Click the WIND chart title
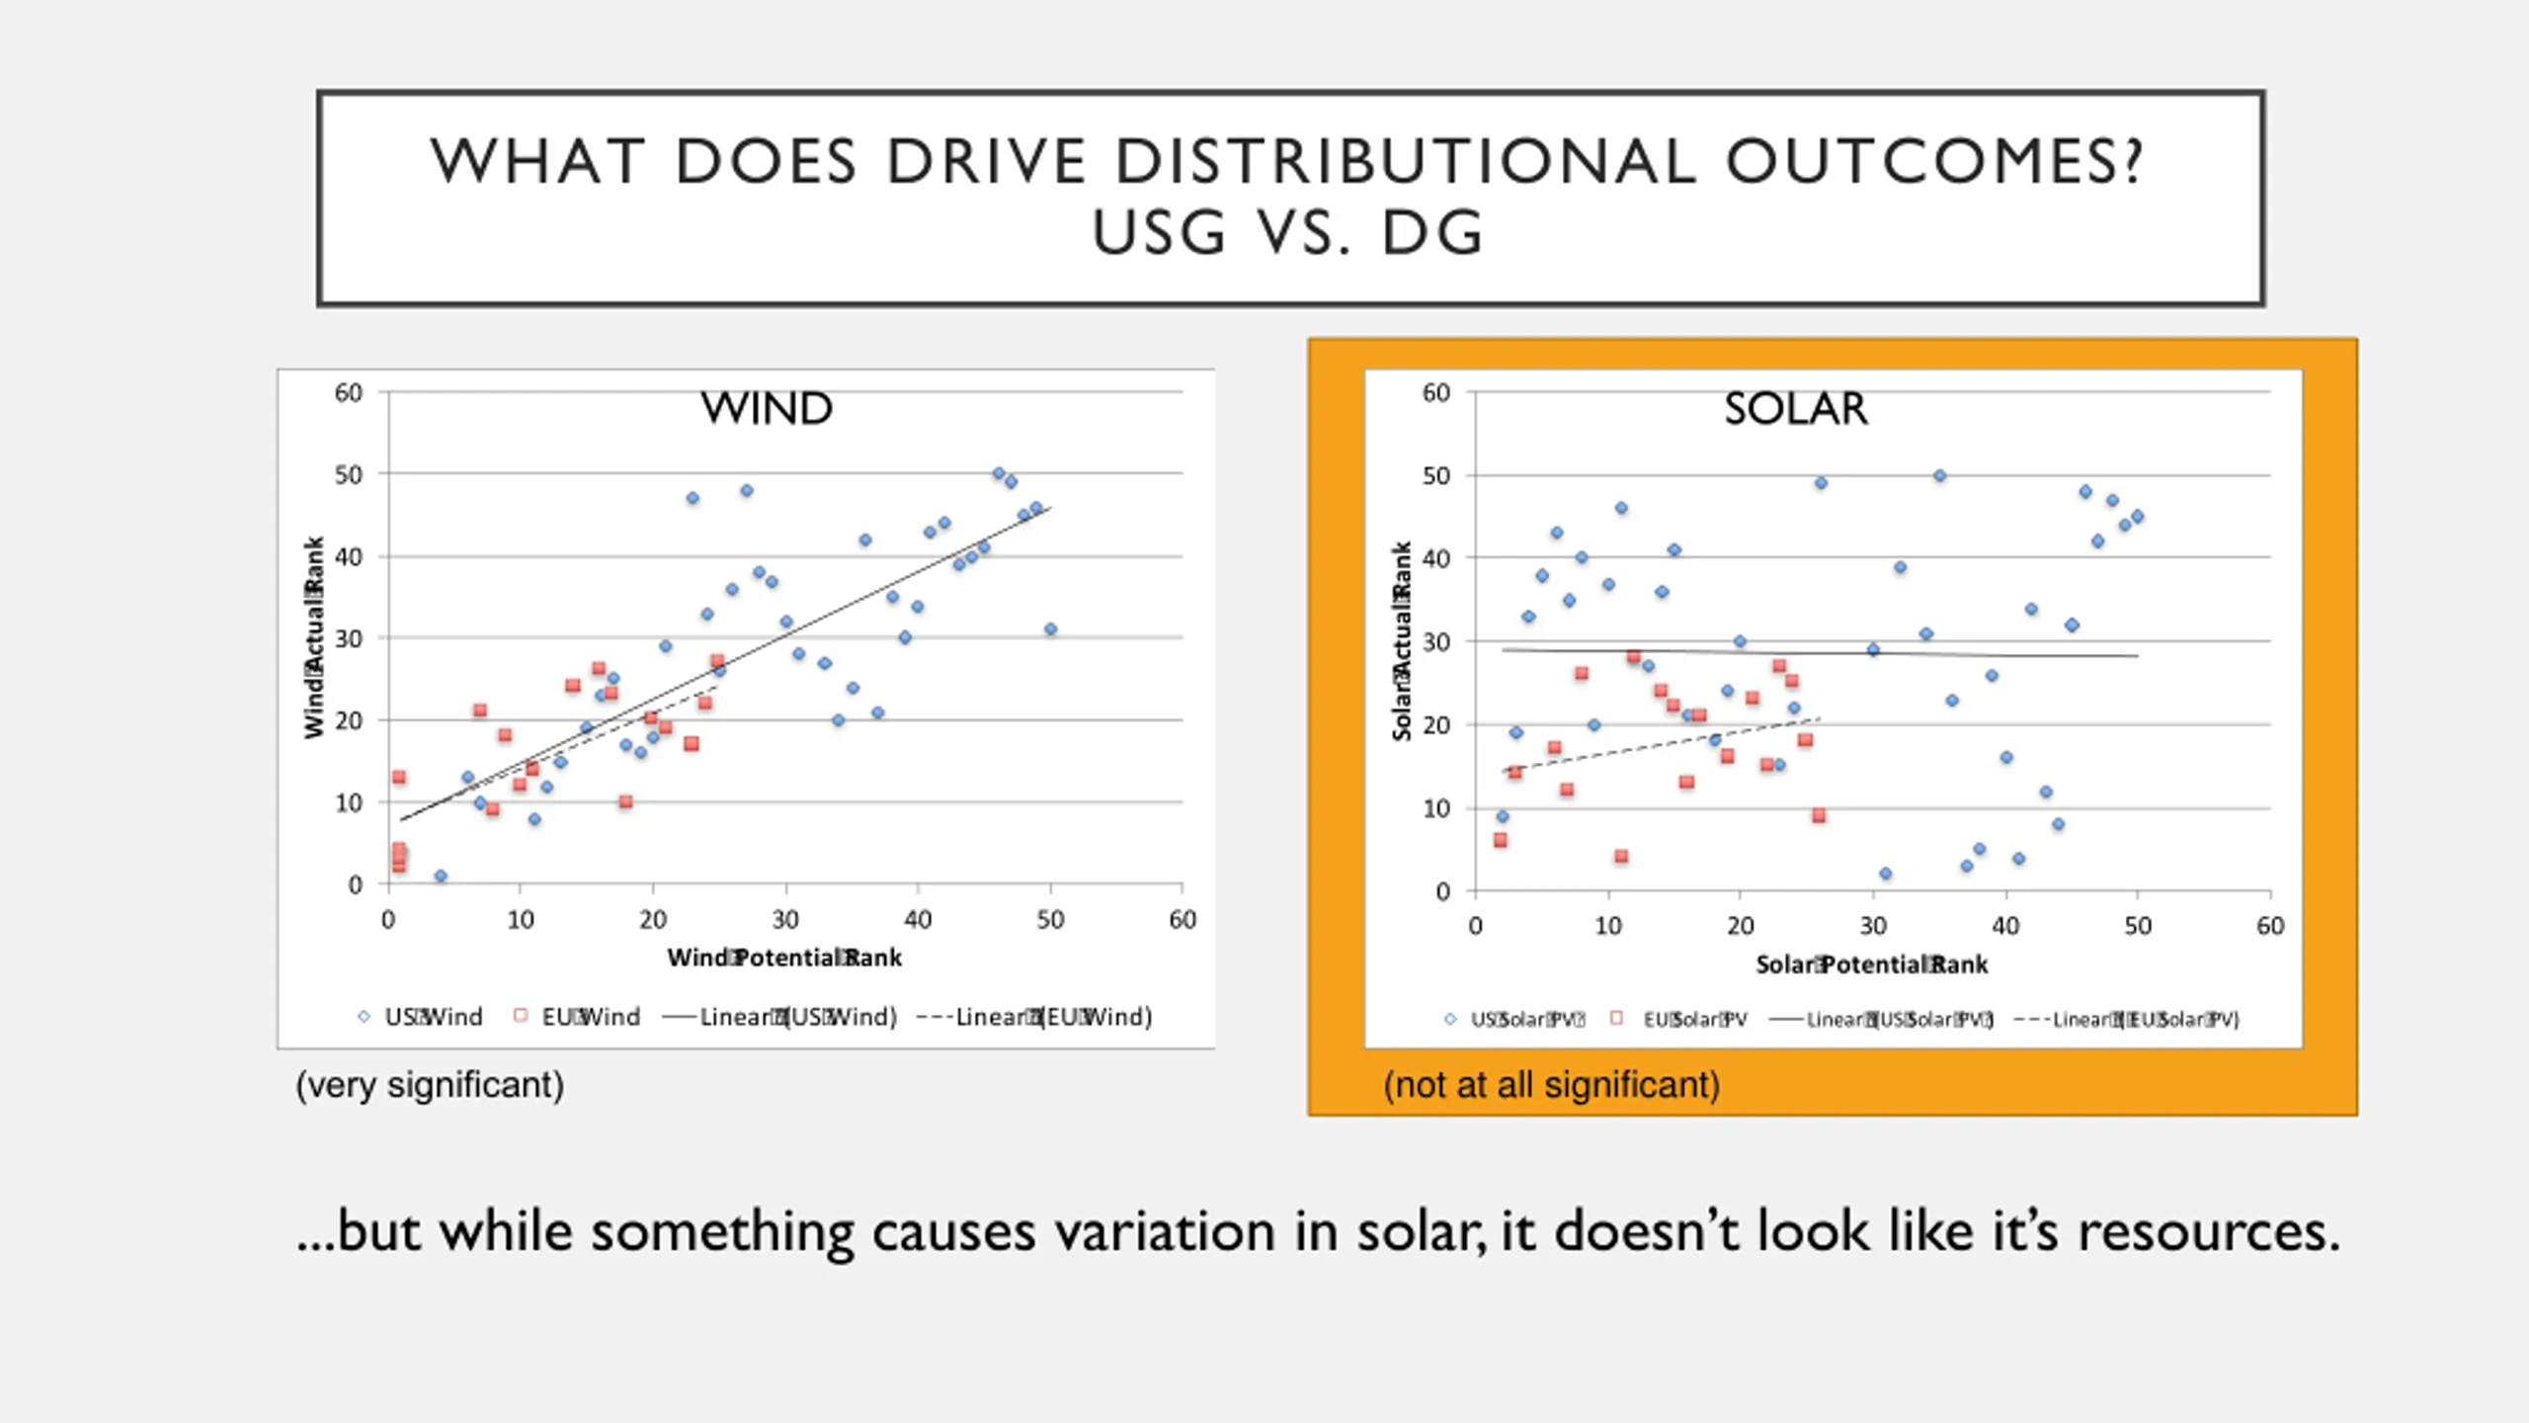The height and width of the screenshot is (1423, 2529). click(767, 408)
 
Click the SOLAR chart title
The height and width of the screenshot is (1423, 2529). click(1795, 408)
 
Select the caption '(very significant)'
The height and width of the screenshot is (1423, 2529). click(430, 1085)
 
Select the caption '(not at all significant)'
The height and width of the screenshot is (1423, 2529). click(1551, 1085)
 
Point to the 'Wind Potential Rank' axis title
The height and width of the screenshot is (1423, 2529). click(784, 958)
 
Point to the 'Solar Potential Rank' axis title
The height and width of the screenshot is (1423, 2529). click(1871, 964)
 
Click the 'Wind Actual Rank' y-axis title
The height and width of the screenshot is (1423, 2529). click(314, 637)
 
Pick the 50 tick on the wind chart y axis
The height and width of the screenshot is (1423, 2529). click(349, 474)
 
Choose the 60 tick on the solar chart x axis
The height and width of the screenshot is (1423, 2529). click(2270, 926)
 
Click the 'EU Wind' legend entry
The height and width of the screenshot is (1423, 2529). click(578, 1017)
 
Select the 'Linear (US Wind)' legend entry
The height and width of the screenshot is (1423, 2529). click(780, 1017)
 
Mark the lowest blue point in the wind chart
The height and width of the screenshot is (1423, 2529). click(441, 877)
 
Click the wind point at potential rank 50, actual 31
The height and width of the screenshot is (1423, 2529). click(1050, 629)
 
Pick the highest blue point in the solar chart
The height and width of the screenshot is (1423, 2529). click(1939, 475)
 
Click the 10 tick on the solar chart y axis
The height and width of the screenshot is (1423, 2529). click(1436, 808)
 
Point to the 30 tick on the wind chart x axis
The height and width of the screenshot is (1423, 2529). click(785, 920)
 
